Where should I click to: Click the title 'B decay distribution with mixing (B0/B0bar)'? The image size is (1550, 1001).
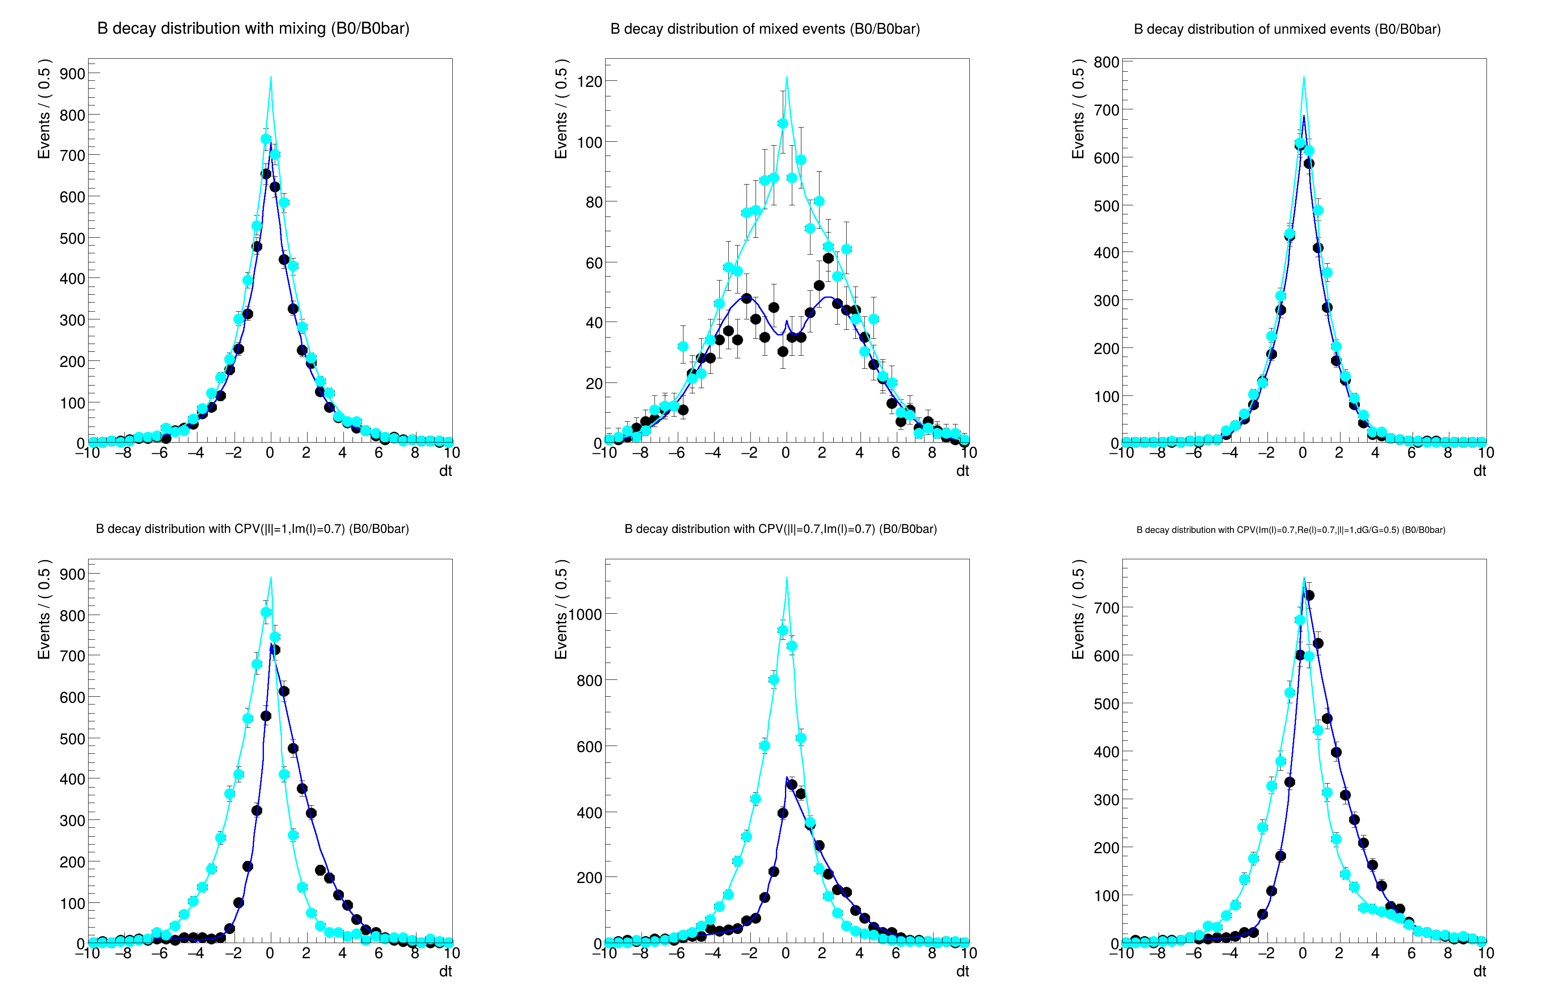[253, 29]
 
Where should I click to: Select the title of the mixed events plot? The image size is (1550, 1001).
[765, 29]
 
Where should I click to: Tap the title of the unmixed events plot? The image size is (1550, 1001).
[1287, 29]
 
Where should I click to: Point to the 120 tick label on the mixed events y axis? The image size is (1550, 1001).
[589, 81]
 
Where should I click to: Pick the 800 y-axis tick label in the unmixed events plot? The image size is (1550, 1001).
[1106, 62]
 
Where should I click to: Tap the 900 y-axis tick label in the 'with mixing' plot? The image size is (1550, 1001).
[72, 74]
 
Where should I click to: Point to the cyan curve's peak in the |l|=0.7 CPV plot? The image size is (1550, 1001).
[787, 577]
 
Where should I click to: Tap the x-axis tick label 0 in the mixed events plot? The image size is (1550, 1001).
[786, 453]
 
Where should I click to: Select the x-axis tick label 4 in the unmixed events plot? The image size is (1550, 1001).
[1375, 453]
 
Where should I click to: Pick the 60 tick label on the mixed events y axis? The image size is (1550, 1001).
[594, 263]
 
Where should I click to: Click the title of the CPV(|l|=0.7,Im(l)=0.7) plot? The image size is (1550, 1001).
[780, 529]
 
